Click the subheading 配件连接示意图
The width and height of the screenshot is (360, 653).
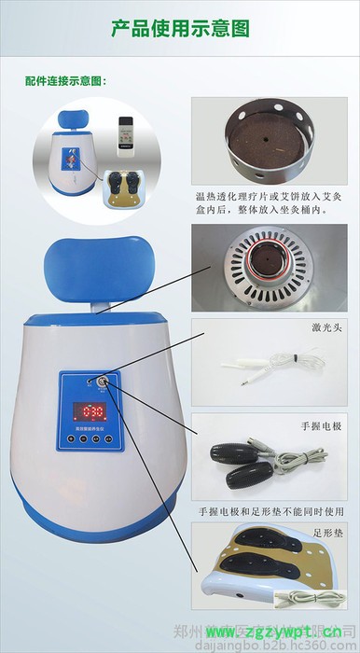(65, 81)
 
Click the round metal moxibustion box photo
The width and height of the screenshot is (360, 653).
(270, 146)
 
